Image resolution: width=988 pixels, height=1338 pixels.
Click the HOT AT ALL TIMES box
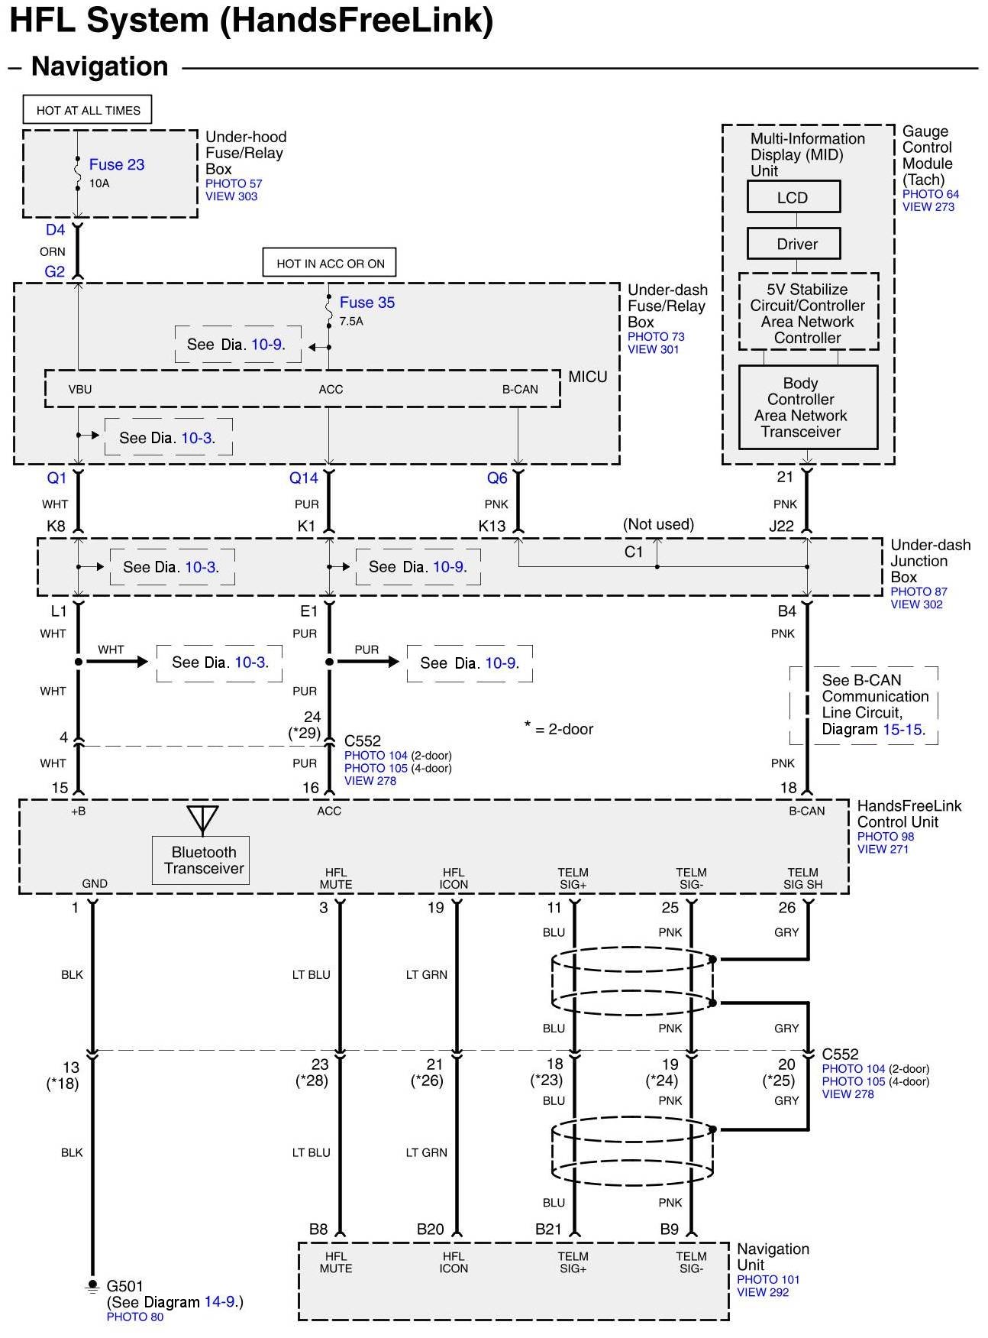[88, 110]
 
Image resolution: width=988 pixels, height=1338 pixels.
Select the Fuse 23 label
[116, 164]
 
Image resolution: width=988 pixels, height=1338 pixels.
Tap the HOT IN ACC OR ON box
[330, 264]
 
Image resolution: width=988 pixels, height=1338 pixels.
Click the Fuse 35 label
[367, 303]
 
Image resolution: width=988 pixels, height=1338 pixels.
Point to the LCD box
[793, 197]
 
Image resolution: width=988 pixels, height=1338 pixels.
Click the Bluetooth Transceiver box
[202, 860]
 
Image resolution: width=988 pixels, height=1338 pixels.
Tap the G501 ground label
[125, 1286]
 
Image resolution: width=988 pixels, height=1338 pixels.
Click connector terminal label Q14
[303, 478]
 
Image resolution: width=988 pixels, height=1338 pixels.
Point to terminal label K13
[492, 526]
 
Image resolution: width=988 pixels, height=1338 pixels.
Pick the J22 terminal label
[781, 526]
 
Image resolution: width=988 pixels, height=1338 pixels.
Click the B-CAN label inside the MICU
[520, 390]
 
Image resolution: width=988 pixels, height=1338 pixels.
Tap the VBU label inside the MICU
[80, 390]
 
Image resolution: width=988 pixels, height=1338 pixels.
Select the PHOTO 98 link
[885, 837]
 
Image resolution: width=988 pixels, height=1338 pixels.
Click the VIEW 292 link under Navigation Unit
[762, 1292]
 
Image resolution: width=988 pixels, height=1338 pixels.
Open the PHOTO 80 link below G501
[135, 1317]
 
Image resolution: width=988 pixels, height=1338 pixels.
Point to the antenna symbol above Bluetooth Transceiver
[202, 818]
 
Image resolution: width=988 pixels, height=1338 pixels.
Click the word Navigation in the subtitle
[100, 66]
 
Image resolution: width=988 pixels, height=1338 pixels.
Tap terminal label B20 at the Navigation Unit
[430, 1229]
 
